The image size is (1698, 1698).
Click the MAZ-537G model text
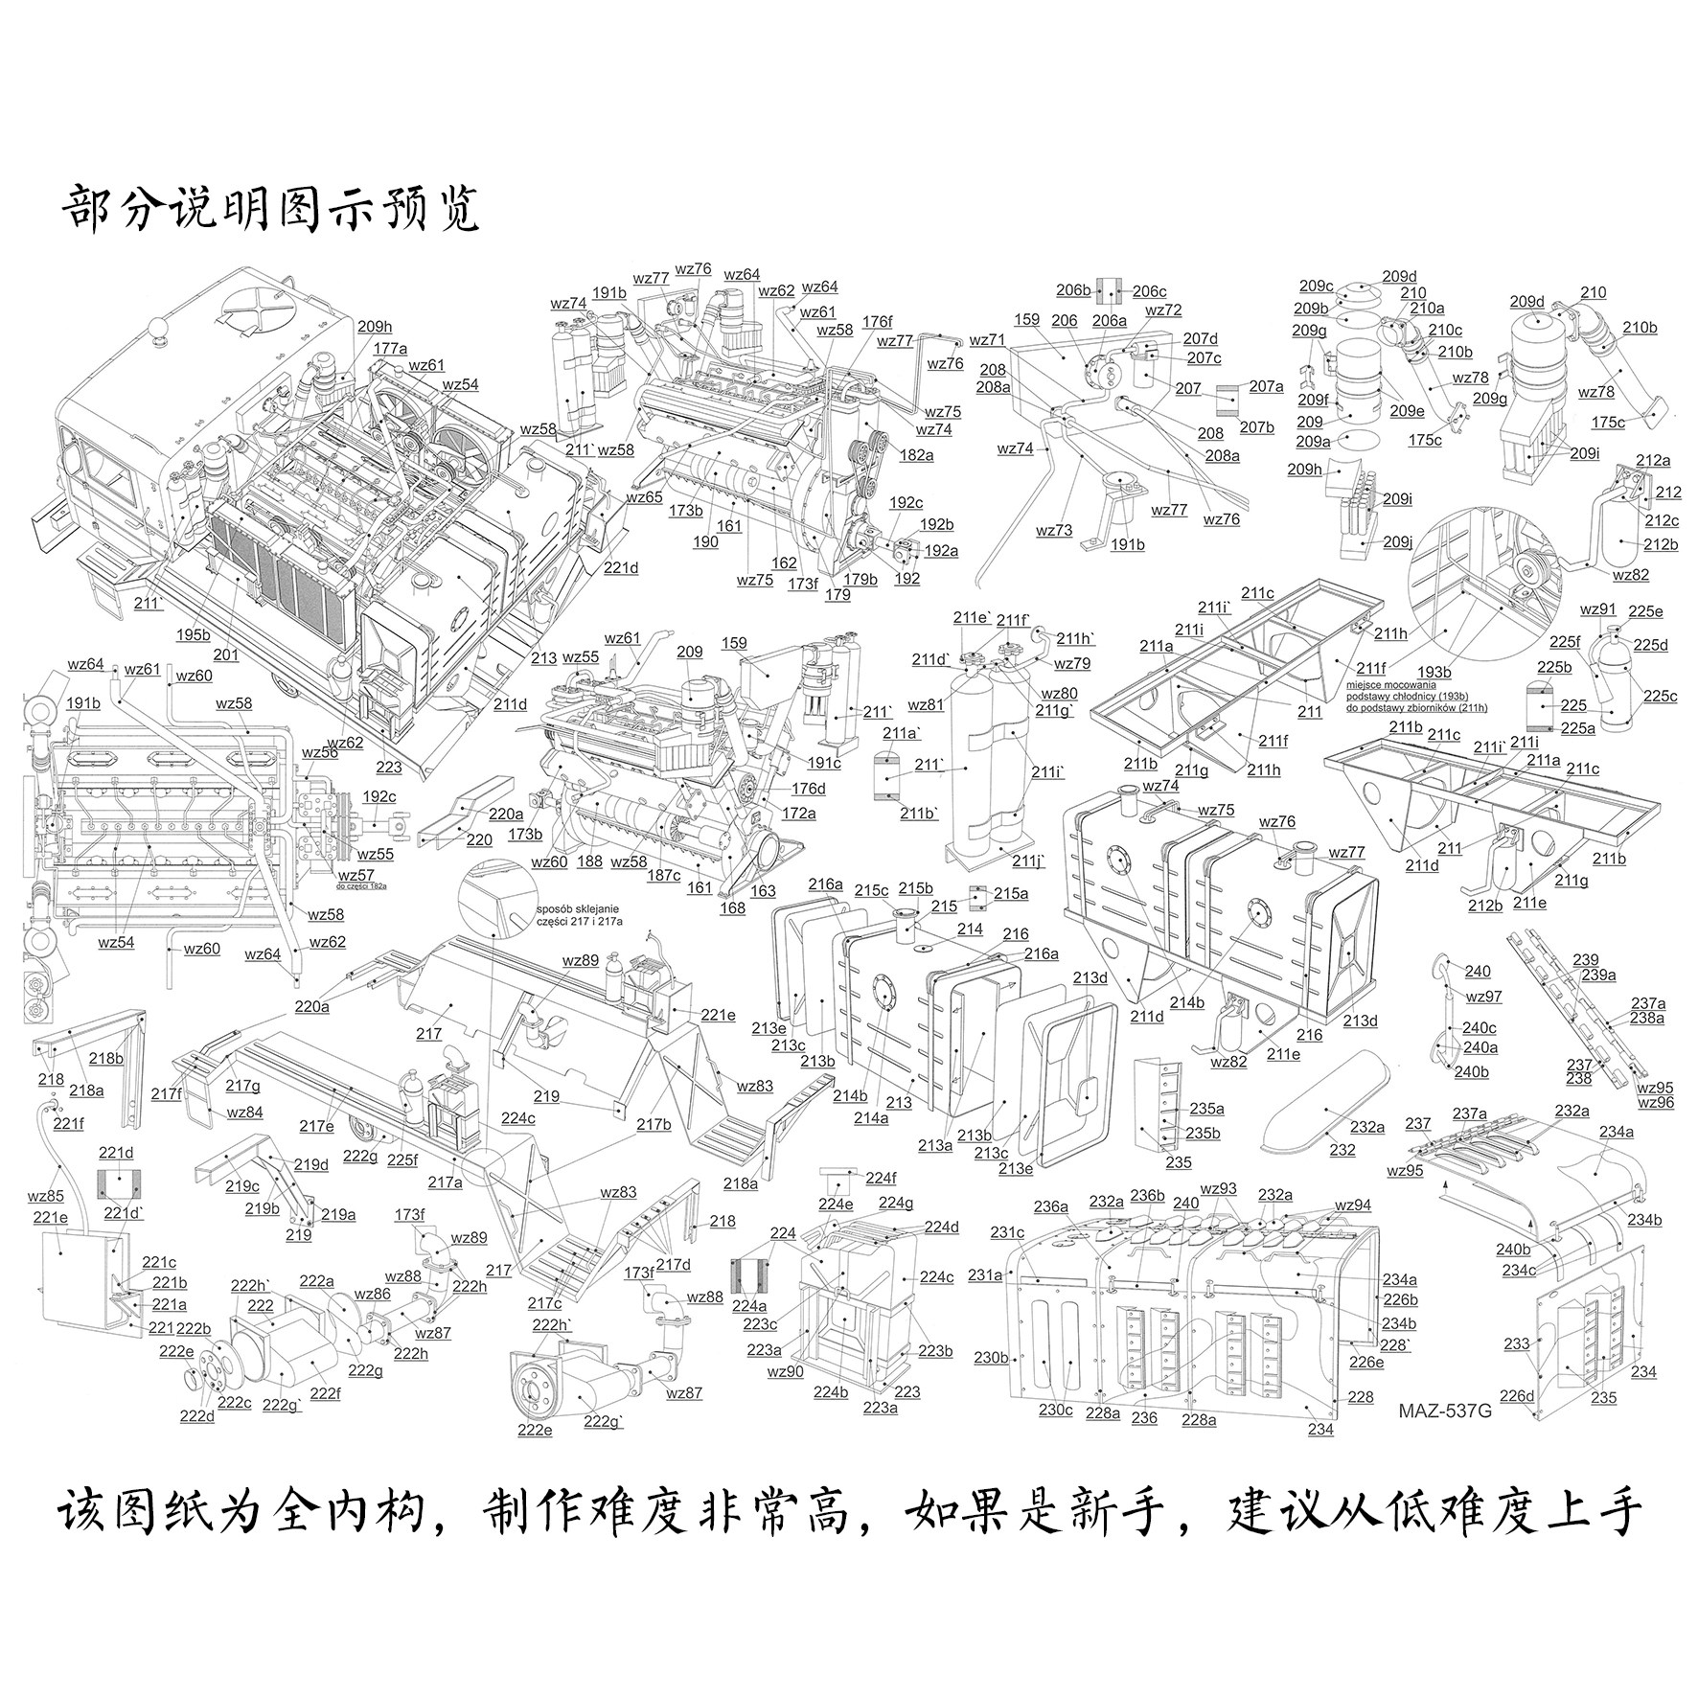[x=1445, y=1411]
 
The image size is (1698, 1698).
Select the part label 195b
[x=193, y=635]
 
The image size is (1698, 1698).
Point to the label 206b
[x=1074, y=290]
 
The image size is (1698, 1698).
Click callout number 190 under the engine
[x=705, y=542]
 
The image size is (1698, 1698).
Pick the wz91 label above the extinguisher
[x=1597, y=610]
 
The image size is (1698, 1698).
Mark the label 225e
[x=1645, y=611]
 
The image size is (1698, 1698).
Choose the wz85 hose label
[x=45, y=1196]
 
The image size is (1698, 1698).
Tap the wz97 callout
[x=1483, y=997]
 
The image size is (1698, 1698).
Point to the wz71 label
[x=987, y=340]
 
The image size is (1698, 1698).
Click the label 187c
[x=664, y=874]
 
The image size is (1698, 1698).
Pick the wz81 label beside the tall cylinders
[x=926, y=705]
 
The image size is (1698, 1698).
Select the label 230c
[x=1056, y=1410]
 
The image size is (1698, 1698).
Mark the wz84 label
[x=244, y=1113]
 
